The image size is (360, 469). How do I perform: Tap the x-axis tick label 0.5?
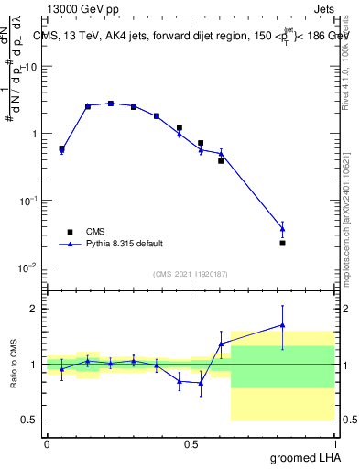pos(191,443)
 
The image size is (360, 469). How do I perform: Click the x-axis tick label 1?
pos(333,443)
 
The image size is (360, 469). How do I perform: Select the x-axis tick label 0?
pos(47,443)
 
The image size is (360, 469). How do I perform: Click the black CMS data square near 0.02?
pos(283,243)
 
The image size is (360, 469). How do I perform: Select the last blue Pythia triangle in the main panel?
pos(283,228)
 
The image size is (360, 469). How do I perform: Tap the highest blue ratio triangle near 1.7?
pos(283,324)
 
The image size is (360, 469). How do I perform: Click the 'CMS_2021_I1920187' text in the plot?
pos(190,274)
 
